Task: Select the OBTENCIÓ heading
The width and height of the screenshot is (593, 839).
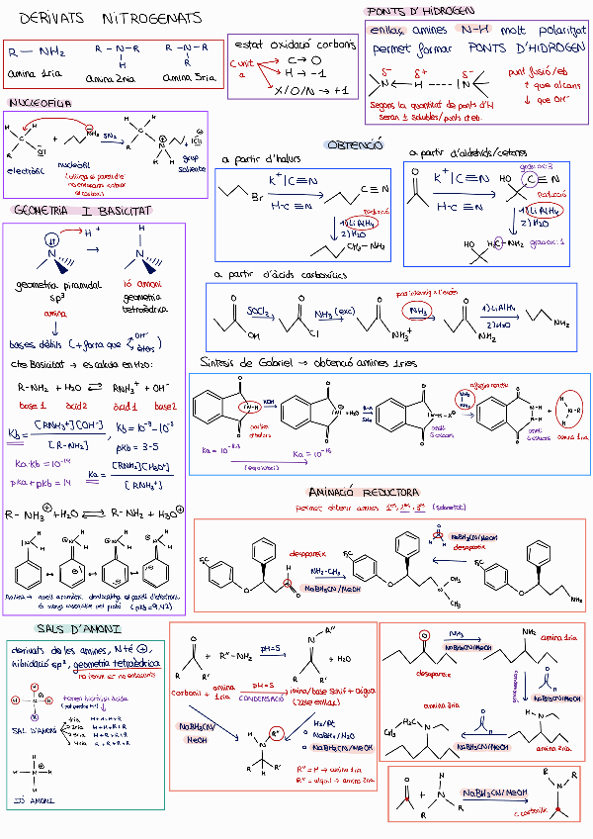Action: coord(354,144)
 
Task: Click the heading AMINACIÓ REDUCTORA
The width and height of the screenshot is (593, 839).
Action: coord(364,492)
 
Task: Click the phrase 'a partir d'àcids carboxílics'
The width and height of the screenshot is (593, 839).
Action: coord(281,274)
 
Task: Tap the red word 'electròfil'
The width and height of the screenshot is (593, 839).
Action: coord(26,169)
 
